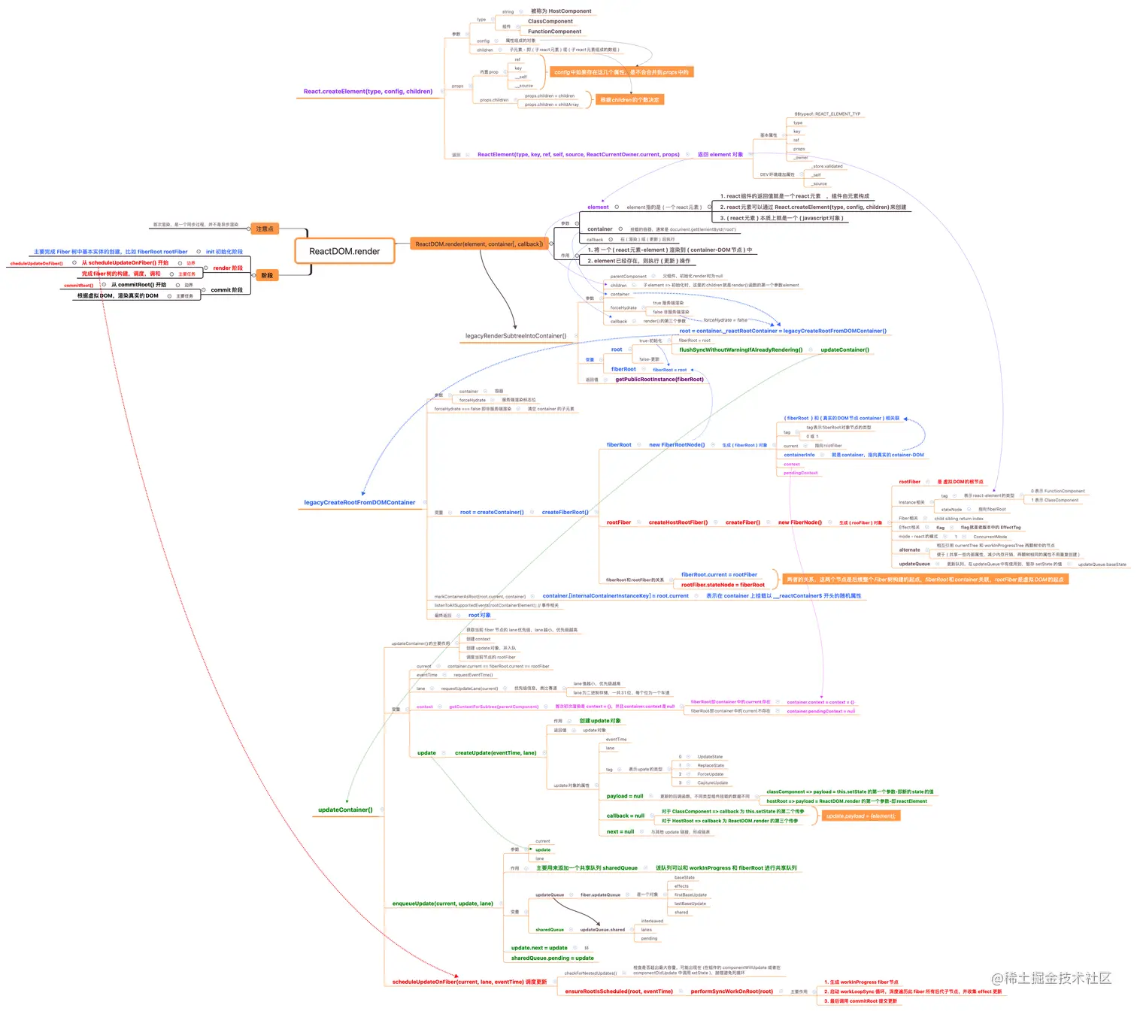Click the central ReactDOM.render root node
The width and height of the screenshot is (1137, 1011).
tap(344, 251)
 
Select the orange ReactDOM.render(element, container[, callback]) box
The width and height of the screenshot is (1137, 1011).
tap(479, 244)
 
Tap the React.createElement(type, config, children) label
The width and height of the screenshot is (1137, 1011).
tap(368, 92)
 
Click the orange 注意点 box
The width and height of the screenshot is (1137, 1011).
tap(264, 229)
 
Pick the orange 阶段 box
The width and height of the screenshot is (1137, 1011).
tap(267, 275)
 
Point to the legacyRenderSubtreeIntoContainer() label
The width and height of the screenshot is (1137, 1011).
tap(516, 336)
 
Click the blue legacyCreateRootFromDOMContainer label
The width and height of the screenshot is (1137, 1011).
tap(359, 502)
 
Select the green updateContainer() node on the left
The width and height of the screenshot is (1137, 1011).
tap(345, 810)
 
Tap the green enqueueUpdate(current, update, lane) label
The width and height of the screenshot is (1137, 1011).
tap(442, 904)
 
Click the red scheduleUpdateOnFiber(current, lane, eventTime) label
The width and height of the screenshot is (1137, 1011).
tap(469, 982)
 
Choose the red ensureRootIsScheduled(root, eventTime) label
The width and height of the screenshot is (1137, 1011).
tap(619, 991)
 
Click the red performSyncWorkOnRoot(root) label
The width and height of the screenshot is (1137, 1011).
tap(732, 991)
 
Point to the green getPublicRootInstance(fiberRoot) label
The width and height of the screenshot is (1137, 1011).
tap(659, 380)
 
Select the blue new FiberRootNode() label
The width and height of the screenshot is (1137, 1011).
tap(677, 445)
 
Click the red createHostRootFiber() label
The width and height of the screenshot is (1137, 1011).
tap(678, 522)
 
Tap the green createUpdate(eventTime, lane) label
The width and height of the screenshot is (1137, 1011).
tap(496, 752)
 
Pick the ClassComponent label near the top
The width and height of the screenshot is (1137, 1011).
tap(550, 21)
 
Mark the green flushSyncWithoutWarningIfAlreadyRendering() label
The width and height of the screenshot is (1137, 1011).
tap(741, 350)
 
